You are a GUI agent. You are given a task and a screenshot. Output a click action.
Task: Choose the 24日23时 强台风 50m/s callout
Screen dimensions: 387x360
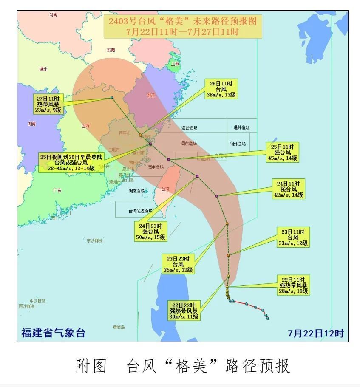(151, 231)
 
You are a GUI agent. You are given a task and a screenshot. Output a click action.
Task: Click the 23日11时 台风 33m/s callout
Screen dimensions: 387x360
(293, 237)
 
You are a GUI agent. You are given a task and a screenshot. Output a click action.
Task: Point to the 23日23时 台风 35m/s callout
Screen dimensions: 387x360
(178, 264)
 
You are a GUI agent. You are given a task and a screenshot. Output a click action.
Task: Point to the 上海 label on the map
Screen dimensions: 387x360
(175, 64)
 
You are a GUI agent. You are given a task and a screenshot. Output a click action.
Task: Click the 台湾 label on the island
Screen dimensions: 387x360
(165, 189)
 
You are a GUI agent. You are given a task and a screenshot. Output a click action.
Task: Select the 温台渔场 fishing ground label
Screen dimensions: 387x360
(190, 127)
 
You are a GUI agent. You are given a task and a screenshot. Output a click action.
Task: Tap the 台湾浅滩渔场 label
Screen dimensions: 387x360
(140, 211)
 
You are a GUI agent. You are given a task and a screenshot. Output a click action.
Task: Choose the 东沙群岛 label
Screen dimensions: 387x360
(94, 240)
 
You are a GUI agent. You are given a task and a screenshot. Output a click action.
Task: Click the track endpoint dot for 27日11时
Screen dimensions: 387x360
(112, 98)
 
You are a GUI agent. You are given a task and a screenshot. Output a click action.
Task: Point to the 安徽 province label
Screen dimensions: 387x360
(111, 50)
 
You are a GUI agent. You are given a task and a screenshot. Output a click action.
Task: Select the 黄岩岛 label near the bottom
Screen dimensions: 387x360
(119, 327)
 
